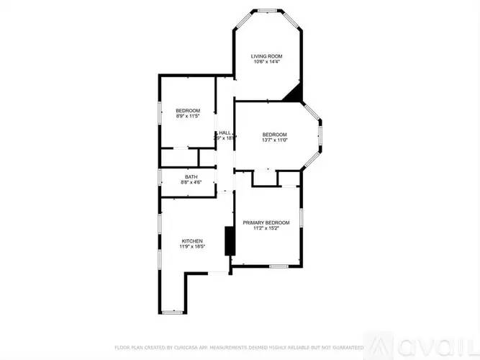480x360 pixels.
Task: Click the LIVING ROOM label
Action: [266, 56]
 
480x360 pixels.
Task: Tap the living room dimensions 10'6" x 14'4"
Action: [266, 62]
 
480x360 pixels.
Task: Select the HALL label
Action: [225, 132]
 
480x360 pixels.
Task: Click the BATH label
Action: [191, 176]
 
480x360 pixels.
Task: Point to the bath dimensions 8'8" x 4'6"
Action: [191, 182]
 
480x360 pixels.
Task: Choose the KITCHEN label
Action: [192, 240]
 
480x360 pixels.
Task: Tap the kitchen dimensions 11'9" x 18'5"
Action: [192, 246]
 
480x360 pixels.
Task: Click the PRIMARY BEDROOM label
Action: [266, 222]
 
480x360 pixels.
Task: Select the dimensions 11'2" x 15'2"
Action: [266, 228]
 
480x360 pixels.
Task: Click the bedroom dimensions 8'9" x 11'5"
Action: [187, 115]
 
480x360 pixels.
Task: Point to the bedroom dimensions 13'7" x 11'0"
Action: [274, 140]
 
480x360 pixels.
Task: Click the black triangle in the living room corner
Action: [296, 94]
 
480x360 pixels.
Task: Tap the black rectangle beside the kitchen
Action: [230, 240]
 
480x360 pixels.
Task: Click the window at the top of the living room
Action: [268, 10]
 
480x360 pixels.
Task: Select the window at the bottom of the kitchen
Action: [173, 312]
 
